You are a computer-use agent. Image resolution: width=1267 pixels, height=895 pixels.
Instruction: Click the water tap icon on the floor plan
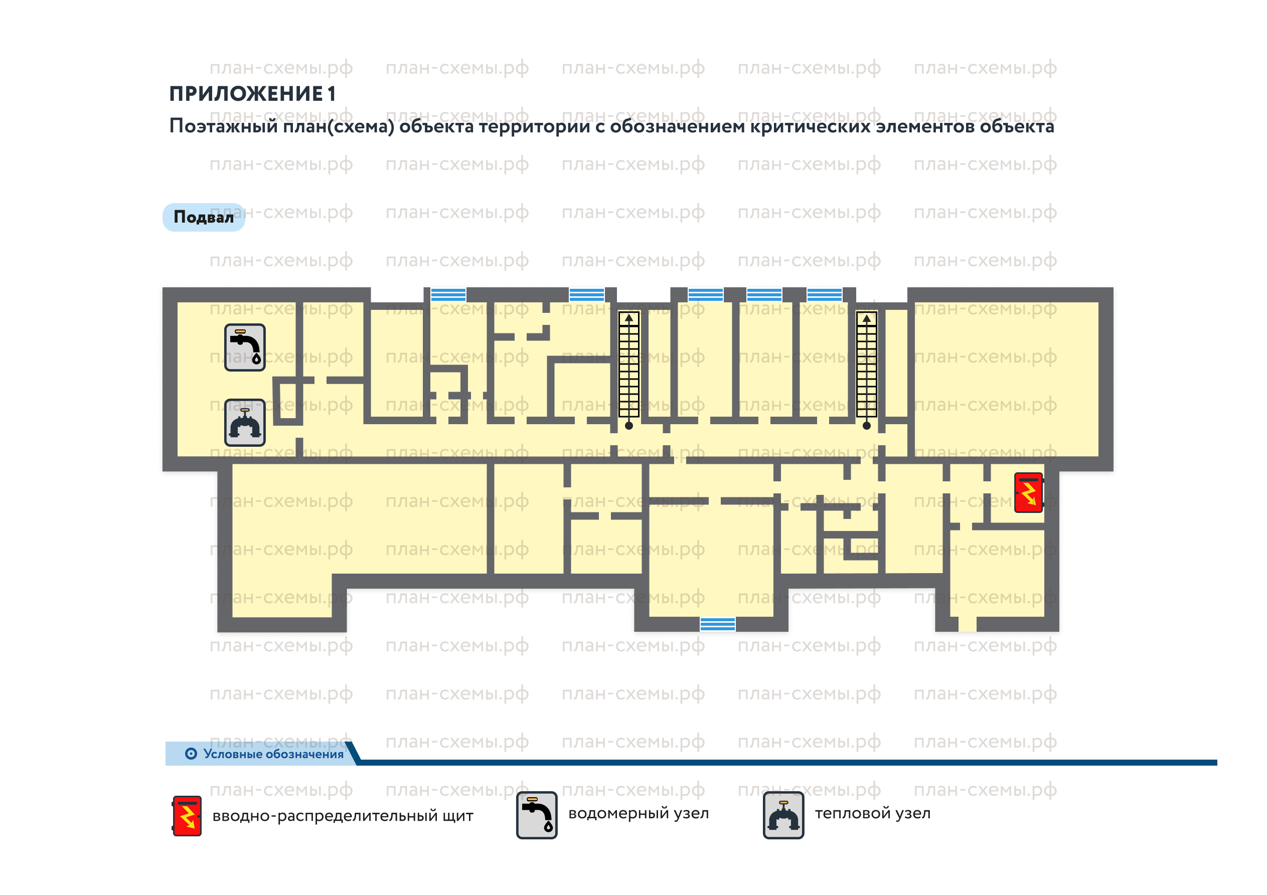pyautogui.click(x=245, y=347)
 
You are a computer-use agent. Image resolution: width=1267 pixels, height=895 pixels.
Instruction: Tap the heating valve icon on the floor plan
pyautogui.click(x=245, y=423)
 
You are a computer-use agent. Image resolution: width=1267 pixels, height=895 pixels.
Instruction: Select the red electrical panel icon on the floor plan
pyautogui.click(x=1029, y=493)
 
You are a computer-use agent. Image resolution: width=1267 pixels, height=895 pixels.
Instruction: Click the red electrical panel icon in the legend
pyautogui.click(x=187, y=816)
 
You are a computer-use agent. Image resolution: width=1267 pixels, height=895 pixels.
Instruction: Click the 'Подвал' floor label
pyautogui.click(x=204, y=217)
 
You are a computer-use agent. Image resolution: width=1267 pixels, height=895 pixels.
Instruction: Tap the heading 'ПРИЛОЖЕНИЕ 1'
pyautogui.click(x=252, y=94)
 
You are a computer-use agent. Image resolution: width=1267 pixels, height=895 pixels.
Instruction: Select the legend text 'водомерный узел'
pyautogui.click(x=639, y=813)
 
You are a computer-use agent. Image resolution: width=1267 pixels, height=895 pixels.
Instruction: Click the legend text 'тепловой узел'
pyautogui.click(x=873, y=813)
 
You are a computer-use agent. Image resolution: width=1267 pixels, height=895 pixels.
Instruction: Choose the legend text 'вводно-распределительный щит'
pyautogui.click(x=343, y=816)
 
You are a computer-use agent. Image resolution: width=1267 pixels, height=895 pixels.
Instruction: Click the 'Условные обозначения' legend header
pyautogui.click(x=274, y=754)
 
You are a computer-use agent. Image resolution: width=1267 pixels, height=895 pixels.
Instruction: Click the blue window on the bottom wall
pyautogui.click(x=718, y=624)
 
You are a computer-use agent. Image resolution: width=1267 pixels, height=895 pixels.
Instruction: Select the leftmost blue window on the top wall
pyautogui.click(x=448, y=295)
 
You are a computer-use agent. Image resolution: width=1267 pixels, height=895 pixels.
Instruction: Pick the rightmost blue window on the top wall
pyautogui.click(x=825, y=295)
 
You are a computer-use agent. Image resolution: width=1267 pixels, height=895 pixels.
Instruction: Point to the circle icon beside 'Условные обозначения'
pyautogui.click(x=191, y=754)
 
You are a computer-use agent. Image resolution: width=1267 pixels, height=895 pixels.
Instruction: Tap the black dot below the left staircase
pyautogui.click(x=628, y=425)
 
